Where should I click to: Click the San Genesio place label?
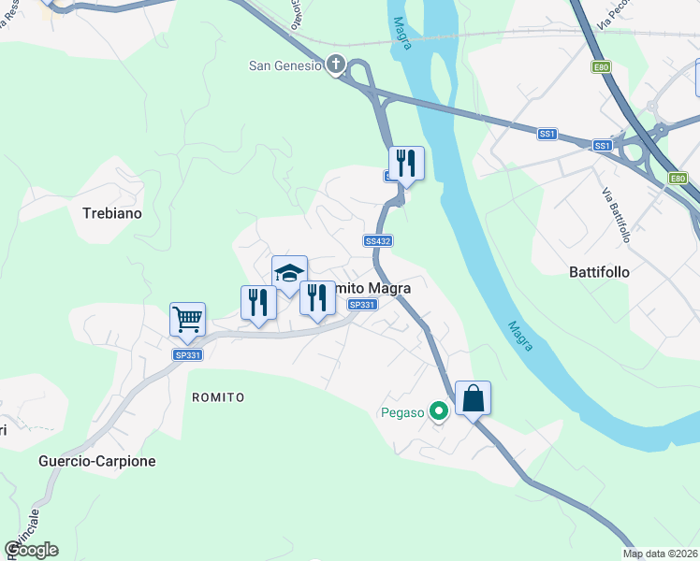284,65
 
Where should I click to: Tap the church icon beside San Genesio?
337,65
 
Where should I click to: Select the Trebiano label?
111,213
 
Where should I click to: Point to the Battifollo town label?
599,272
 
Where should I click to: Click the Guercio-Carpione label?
97,461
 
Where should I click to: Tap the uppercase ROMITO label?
218,397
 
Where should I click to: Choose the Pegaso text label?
402,410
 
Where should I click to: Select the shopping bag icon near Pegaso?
473,398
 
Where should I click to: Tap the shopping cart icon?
187,319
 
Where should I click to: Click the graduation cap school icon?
289,273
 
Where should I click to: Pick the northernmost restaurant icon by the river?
406,164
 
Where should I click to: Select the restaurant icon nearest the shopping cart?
258,302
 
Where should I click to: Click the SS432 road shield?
378,240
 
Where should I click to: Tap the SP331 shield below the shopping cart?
187,354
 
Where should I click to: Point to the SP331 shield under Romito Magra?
361,305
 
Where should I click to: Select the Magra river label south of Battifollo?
520,337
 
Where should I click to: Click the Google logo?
32,550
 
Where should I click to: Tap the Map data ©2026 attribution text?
661,554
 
